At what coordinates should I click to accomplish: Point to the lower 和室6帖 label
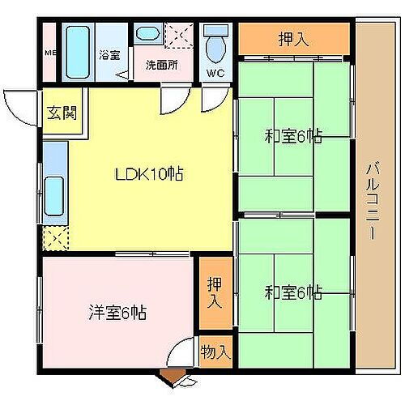pyautogui.click(x=292, y=292)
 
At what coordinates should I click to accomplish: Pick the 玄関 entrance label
pyautogui.click(x=60, y=113)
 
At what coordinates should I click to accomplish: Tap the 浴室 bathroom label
pyautogui.click(x=109, y=56)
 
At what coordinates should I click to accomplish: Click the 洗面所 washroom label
pyautogui.click(x=161, y=65)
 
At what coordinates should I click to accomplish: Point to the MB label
pyautogui.click(x=49, y=55)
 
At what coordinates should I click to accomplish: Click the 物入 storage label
pyautogui.click(x=215, y=352)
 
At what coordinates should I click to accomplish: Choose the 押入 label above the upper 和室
pyautogui.click(x=292, y=39)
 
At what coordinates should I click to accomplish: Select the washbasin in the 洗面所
pyautogui.click(x=147, y=36)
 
